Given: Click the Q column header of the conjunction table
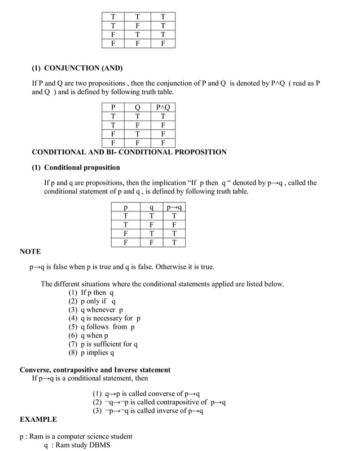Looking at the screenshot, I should coord(138,107).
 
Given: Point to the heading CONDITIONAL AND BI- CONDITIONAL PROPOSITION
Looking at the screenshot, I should coord(129,152).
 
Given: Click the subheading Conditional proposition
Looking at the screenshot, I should coord(82,167).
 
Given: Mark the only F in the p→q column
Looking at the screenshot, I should coord(174,224).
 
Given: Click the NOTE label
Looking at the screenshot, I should coord(30,251).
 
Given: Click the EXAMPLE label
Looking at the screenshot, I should coord(38,419).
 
